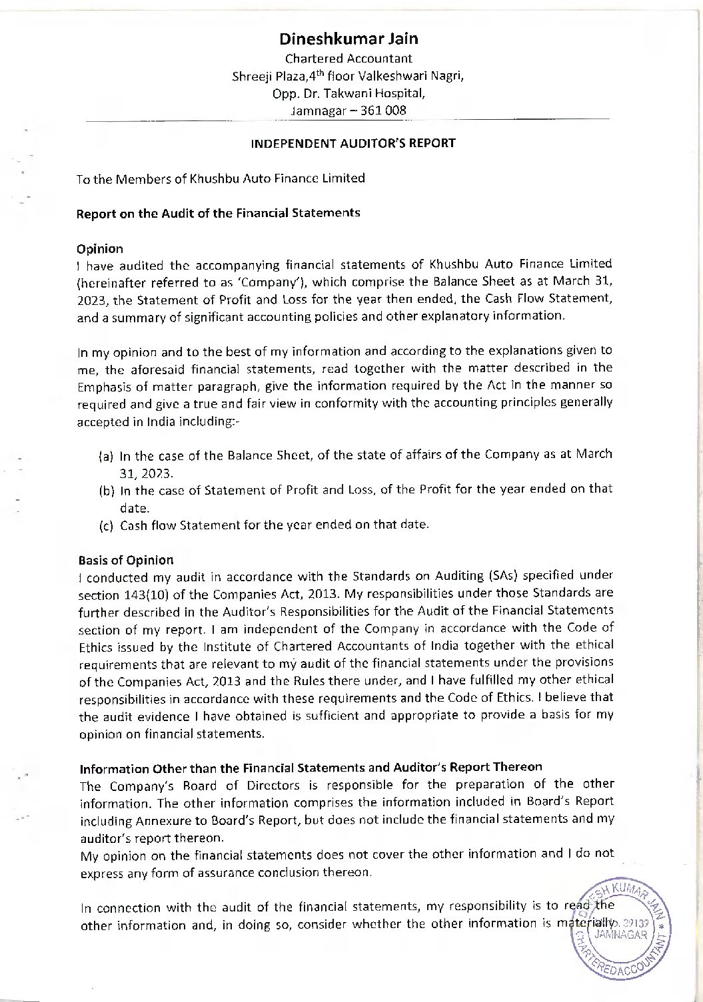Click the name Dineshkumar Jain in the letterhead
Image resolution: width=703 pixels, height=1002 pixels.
349,39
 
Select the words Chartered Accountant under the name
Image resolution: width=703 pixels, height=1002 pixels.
349,59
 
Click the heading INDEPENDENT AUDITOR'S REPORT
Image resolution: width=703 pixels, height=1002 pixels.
352,143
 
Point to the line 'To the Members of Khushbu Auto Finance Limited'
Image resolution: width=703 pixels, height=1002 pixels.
221,178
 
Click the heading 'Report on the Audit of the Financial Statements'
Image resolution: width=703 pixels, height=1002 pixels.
219,213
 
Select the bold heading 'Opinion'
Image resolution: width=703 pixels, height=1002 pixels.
100,249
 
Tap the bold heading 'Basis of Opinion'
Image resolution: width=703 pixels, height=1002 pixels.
126,560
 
